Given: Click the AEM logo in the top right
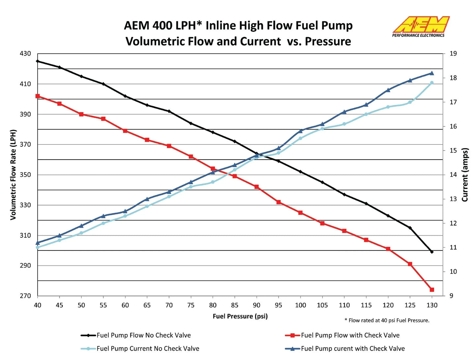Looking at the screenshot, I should tap(420, 26).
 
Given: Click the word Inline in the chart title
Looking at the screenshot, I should tap(221, 25).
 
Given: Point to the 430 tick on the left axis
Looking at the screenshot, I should tap(25, 53).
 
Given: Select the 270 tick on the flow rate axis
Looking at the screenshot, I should tap(25, 296).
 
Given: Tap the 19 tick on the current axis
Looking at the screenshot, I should tap(453, 53).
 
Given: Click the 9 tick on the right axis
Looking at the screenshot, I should tap(451, 296).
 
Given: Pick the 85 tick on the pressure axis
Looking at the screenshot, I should tap(235, 305).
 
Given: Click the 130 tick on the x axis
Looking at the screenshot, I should tap(432, 305).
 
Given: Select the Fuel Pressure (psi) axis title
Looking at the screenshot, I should tap(240, 316).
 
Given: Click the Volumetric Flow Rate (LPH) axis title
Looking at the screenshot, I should tap(13, 174).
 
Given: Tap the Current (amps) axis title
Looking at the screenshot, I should tap(465, 174).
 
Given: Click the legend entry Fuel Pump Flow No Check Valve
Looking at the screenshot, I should tap(144, 335).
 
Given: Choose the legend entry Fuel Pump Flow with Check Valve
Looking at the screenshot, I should tap(350, 335).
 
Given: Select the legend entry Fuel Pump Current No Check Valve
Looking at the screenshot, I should tap(148, 348).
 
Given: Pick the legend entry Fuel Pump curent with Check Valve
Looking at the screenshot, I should tap(352, 348).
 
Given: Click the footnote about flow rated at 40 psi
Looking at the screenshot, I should tap(387, 320).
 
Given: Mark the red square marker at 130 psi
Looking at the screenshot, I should tap(432, 290).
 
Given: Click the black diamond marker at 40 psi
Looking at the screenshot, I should tap(38, 61).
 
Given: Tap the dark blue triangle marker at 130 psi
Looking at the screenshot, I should tap(432, 73).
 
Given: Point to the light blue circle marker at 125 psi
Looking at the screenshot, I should tap(410, 102).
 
